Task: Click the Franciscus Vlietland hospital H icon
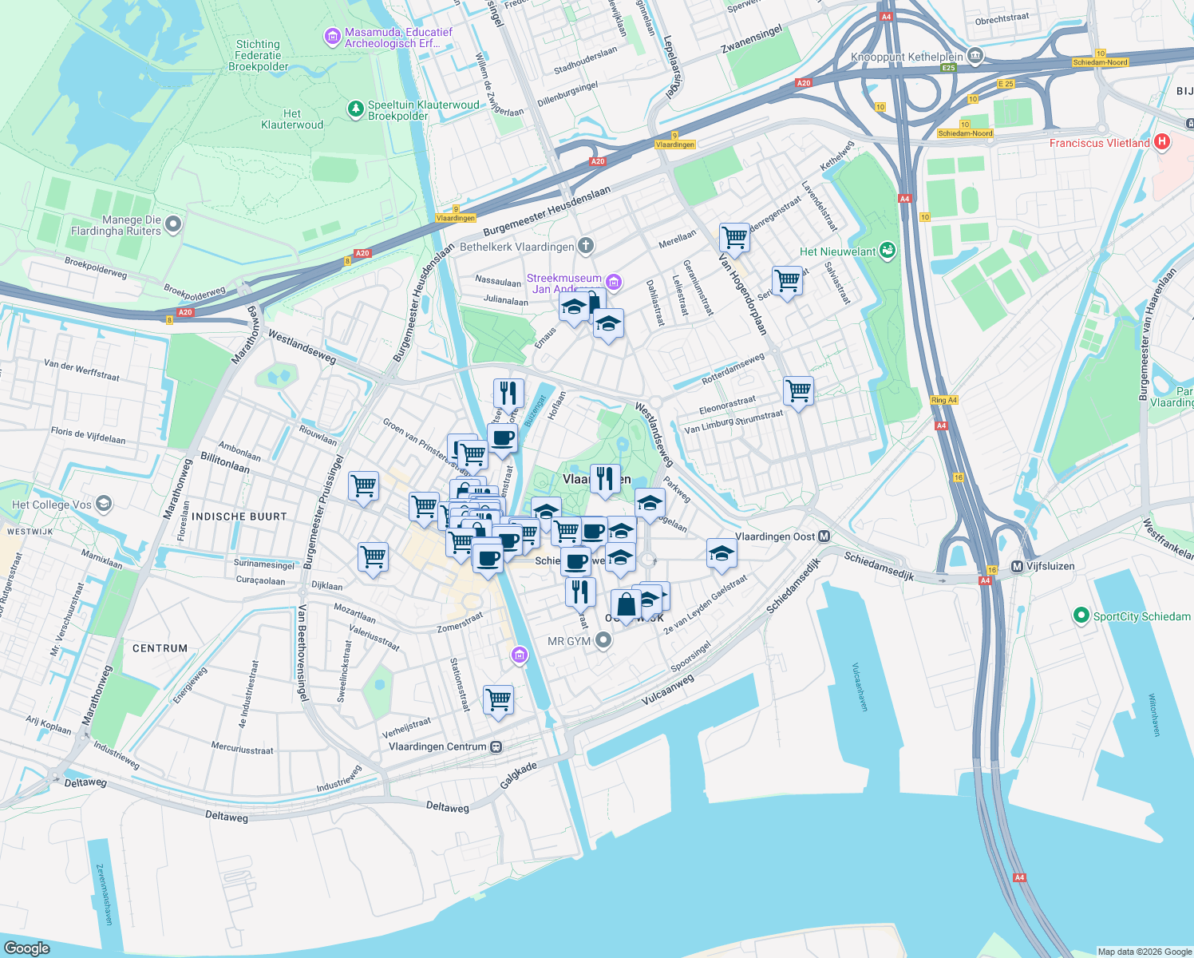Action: [x=1162, y=142]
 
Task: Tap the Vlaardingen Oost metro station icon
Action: [x=824, y=536]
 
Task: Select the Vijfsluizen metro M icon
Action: [x=1017, y=566]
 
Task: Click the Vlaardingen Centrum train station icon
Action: [x=496, y=746]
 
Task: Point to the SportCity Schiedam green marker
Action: [x=1081, y=616]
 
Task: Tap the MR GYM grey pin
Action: [x=604, y=640]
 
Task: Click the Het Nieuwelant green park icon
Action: [x=887, y=251]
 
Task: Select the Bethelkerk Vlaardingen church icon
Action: [x=586, y=246]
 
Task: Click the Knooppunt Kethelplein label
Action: [x=907, y=57]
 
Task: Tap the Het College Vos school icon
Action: [x=103, y=504]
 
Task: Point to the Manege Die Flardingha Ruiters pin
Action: [x=173, y=224]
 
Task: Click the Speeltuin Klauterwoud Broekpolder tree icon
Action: [x=356, y=109]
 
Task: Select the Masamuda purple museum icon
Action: [x=332, y=37]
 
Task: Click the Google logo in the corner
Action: [x=26, y=948]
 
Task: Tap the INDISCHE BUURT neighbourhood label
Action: [x=239, y=517]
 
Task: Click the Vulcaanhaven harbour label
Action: [x=860, y=687]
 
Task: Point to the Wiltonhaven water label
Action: [x=1153, y=715]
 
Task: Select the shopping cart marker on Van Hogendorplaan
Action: [x=733, y=236]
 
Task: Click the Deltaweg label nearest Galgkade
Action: [x=447, y=807]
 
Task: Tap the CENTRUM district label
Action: [x=160, y=648]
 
